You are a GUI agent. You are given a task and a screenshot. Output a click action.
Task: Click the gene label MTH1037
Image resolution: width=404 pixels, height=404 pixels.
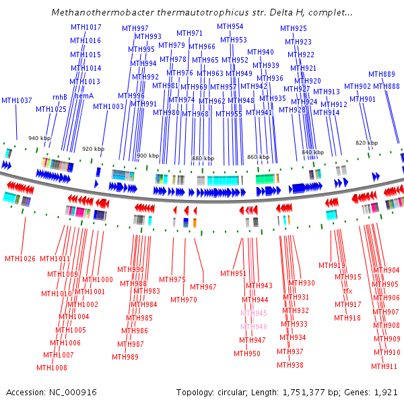point(16,100)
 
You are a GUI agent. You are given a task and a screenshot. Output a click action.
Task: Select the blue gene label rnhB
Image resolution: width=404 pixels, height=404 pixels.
point(60,96)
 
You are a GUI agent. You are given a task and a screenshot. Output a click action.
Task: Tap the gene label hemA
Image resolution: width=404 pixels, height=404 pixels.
point(83,96)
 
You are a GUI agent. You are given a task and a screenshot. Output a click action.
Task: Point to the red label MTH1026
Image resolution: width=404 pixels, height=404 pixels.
point(20,259)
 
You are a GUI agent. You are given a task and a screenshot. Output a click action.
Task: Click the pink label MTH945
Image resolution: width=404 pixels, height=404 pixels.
point(253,313)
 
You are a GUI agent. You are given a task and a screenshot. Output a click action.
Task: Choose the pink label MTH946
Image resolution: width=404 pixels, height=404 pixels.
point(253,327)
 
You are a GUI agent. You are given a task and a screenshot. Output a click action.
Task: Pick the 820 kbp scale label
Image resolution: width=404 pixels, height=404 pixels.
point(367,143)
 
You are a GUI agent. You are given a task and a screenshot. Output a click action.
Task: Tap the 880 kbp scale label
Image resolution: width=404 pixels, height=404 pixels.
point(203,158)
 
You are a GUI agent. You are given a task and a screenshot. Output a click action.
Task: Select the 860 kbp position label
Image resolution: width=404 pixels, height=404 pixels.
point(258,156)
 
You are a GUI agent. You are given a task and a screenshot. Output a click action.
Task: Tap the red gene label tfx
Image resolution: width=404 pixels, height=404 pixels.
point(348,291)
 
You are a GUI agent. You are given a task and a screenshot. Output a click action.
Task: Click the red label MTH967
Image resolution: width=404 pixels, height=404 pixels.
point(203,287)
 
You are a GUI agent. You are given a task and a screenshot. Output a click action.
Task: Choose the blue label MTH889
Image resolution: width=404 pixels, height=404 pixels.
point(382,74)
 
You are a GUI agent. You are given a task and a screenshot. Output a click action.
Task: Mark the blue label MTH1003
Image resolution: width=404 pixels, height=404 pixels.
point(108,106)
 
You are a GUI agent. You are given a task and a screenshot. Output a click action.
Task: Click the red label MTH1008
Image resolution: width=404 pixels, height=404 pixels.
point(52,368)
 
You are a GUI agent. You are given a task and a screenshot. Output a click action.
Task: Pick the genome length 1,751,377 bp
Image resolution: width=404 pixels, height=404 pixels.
point(307,392)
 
